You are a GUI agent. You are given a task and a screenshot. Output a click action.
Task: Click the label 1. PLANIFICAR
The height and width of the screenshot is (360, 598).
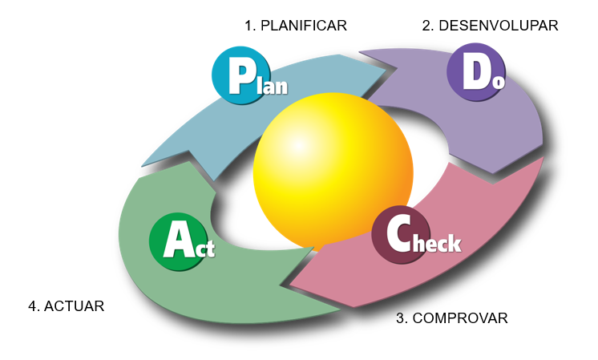295,26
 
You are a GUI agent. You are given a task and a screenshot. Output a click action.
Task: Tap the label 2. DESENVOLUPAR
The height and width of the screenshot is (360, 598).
490,26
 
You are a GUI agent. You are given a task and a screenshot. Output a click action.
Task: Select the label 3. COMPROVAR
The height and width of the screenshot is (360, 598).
451,318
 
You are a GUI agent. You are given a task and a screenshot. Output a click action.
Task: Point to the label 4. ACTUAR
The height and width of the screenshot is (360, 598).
66,306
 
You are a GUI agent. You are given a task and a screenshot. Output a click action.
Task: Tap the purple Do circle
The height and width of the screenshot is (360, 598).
476,71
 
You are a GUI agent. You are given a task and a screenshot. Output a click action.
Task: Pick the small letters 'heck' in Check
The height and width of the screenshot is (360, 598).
438,241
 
